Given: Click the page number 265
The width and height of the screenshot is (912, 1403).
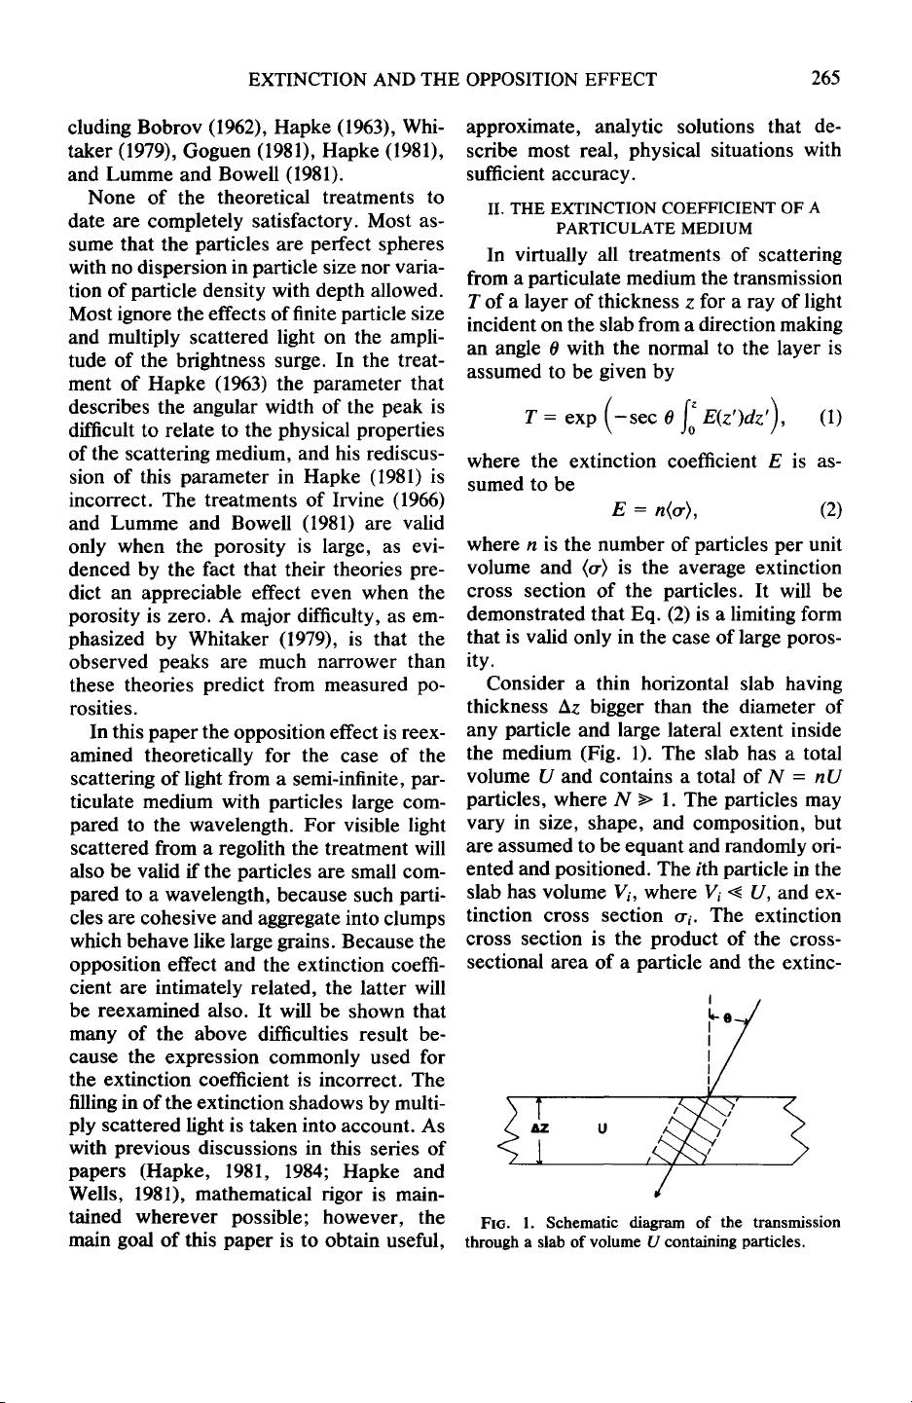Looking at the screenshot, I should tap(822, 79).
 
